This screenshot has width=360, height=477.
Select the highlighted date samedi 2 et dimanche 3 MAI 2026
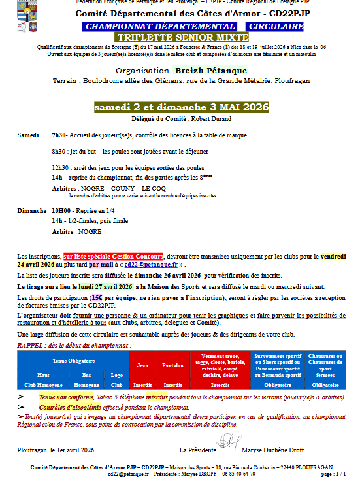pos(180,107)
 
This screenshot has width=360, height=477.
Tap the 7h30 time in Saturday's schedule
pos(59,135)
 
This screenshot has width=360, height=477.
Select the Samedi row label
pos(28,135)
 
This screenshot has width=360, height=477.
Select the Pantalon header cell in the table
pos(172,366)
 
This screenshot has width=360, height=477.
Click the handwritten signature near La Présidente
pos(225,443)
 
